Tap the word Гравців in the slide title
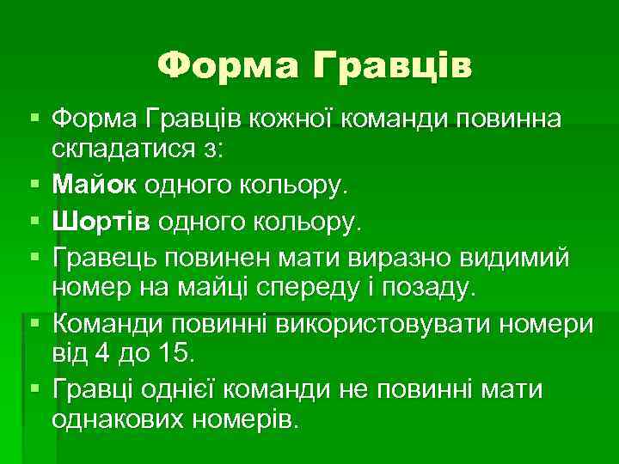(x=391, y=65)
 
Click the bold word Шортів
(x=96, y=223)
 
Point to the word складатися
(x=123, y=149)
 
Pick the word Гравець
(x=99, y=255)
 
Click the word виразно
(x=365, y=255)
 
